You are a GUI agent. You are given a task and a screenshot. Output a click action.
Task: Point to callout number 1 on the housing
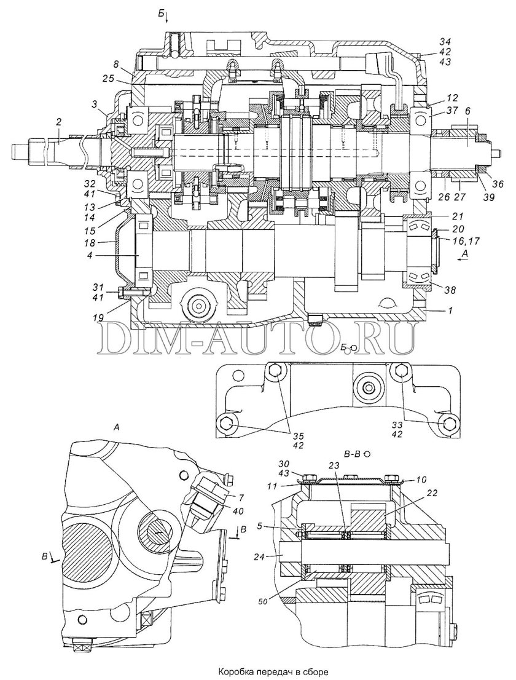(x=451, y=312)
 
